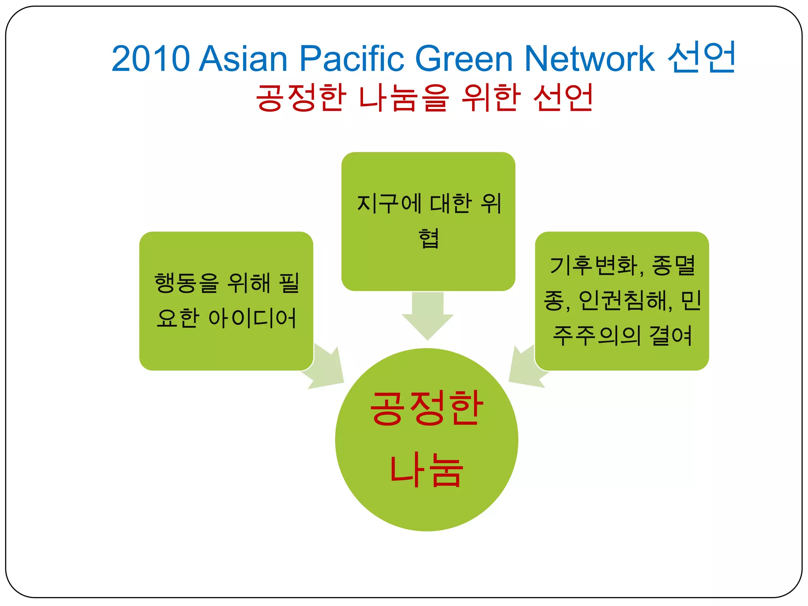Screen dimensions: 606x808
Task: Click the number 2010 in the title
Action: coord(150,58)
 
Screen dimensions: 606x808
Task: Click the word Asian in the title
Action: coord(243,58)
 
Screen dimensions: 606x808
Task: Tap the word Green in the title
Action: coord(464,58)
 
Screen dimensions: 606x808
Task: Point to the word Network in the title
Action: coord(589,58)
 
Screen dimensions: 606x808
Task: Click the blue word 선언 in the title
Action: coord(701,57)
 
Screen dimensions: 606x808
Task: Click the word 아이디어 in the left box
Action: coord(252,318)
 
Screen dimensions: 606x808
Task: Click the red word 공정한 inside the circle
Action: coord(426,408)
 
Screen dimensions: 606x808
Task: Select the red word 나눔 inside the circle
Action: coord(426,469)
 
